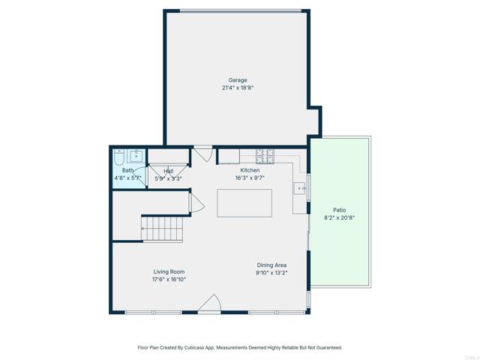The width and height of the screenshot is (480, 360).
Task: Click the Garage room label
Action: [238, 80]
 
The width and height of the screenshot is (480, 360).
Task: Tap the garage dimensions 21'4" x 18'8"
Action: [238, 88]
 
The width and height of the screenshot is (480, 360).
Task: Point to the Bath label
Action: [128, 170]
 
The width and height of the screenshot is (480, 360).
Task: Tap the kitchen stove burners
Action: [265, 156]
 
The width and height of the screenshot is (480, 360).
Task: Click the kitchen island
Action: [244, 203]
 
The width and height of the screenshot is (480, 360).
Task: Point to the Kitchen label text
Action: [250, 170]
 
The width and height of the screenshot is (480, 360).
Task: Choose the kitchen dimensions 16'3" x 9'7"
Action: [250, 178]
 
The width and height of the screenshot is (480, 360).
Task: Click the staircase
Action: [162, 228]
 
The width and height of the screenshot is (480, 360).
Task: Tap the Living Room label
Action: [169, 271]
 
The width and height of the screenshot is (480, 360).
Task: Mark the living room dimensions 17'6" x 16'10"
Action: [169, 279]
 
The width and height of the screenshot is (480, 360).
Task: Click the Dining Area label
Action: [271, 265]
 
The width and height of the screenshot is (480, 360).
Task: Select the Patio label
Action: [339, 210]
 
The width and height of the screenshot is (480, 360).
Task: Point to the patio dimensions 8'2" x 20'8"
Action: [339, 217]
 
